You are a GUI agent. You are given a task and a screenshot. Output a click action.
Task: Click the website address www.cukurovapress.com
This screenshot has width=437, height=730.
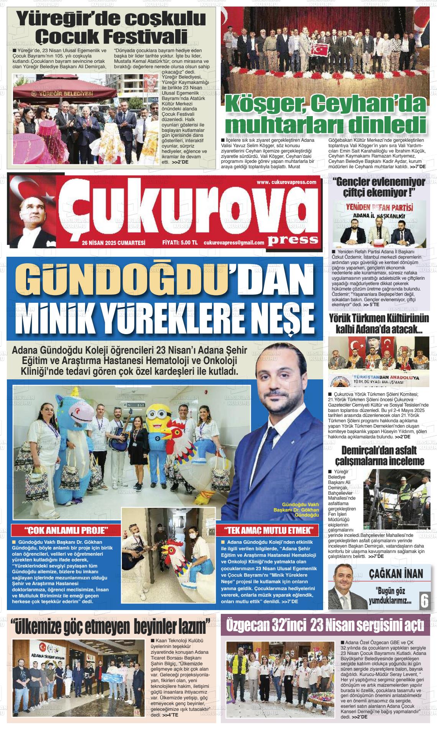click(286, 182)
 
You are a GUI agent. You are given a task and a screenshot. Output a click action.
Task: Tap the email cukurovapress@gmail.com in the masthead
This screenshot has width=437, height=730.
click(234, 243)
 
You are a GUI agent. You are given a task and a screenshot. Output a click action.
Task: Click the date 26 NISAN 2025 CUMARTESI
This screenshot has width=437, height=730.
click(113, 243)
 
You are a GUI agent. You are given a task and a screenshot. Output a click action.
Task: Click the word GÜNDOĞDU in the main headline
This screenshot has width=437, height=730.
click(123, 280)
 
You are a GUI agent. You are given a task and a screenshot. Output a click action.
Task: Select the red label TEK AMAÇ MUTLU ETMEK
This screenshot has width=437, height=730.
click(271, 530)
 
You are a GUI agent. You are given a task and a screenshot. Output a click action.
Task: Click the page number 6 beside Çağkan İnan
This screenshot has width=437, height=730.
click(424, 600)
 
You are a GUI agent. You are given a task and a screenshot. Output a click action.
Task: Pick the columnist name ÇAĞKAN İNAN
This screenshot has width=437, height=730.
click(396, 574)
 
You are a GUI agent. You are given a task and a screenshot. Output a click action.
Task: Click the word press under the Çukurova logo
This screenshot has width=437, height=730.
click(293, 239)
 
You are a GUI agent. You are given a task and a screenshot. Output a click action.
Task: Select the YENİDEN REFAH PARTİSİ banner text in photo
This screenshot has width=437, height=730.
click(379, 207)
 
